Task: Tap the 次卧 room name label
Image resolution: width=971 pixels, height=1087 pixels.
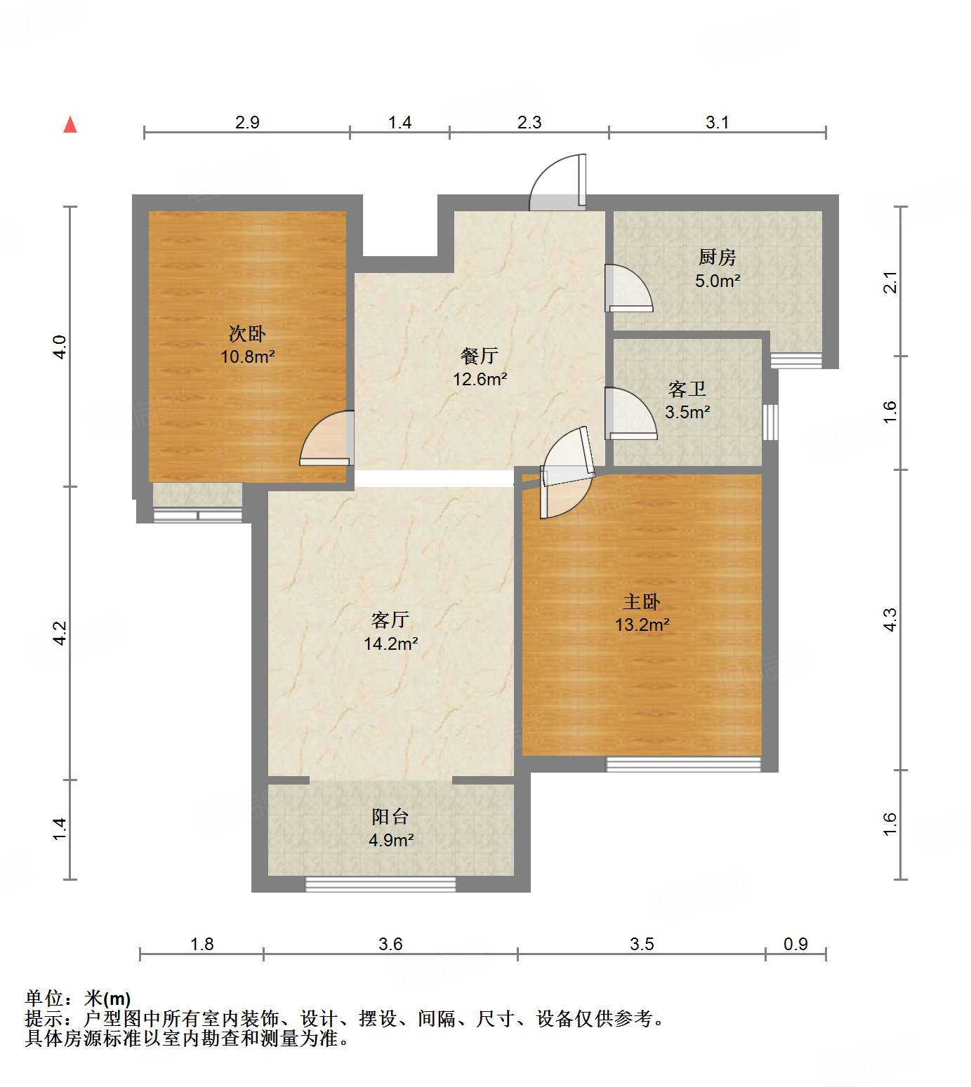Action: (x=247, y=333)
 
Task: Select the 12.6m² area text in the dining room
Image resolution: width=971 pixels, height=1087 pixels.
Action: (x=480, y=380)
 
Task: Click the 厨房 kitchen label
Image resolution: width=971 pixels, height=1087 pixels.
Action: (x=717, y=258)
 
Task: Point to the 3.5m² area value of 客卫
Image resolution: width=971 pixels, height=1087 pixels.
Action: (x=687, y=413)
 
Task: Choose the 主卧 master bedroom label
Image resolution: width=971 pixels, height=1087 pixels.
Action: (x=642, y=601)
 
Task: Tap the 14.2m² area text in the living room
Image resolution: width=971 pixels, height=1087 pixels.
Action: (x=391, y=643)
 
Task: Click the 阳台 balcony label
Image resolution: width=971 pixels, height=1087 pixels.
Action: (x=390, y=817)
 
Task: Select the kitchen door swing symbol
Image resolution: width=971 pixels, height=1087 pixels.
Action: (x=628, y=288)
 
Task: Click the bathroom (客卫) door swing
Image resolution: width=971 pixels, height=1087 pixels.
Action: (x=629, y=414)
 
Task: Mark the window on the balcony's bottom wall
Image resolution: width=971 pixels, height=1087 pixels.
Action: (x=381, y=884)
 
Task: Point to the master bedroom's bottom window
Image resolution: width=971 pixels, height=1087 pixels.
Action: (x=683, y=764)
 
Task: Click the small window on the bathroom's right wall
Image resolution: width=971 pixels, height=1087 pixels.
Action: (x=770, y=422)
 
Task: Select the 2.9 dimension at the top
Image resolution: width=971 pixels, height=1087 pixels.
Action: (x=247, y=123)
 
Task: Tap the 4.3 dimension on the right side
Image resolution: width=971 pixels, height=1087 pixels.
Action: (x=890, y=620)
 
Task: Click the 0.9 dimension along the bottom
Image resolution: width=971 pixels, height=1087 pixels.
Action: (x=795, y=945)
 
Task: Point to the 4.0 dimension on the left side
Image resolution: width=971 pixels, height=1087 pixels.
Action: (x=60, y=347)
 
